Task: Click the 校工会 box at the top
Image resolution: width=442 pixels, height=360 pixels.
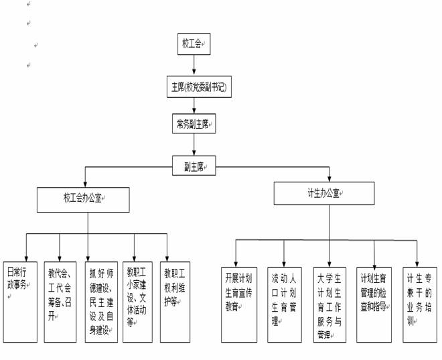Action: tap(194, 44)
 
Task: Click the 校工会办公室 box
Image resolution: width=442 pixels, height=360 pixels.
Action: tap(83, 199)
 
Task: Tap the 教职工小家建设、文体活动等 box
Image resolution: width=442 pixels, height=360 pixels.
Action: tap(138, 302)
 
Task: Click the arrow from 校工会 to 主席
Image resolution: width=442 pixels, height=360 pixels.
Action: tap(194, 65)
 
